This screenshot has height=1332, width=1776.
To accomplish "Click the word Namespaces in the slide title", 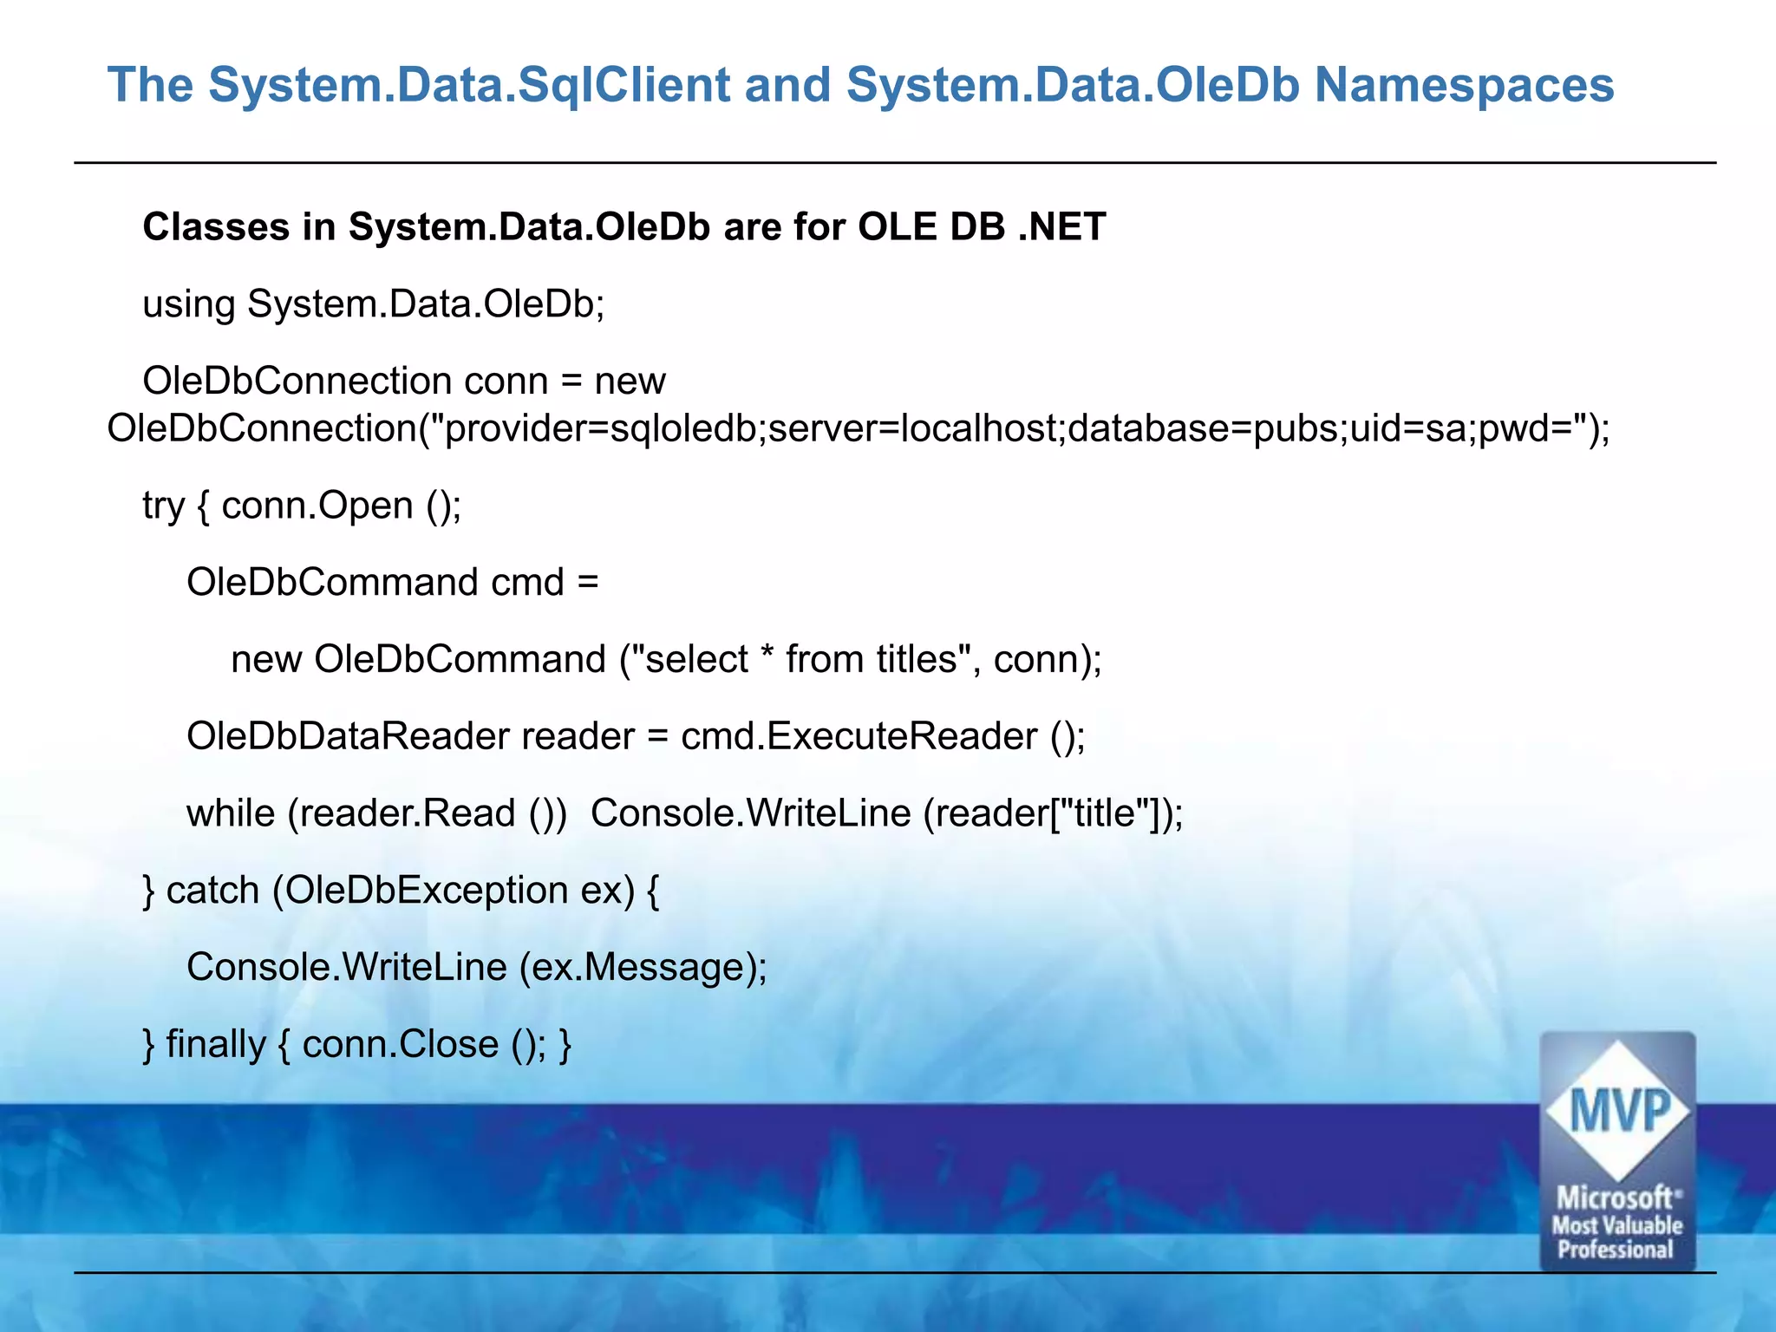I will pos(1464,86).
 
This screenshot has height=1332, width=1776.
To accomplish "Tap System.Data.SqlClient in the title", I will pos(469,86).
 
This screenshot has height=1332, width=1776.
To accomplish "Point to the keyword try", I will pos(163,506).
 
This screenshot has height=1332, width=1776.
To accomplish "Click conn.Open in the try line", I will pos(317,506).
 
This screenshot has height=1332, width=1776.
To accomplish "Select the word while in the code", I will pos(230,813).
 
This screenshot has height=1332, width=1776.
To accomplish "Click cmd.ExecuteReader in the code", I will pos(859,736).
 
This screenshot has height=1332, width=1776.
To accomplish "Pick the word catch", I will pos(212,891).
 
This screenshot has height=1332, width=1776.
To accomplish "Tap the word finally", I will pos(215,1044).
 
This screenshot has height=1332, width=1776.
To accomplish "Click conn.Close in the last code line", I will pos(400,1044).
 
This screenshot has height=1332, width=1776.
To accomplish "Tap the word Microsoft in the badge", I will pos(1615,1198).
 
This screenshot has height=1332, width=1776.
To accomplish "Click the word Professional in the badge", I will pos(1615,1250).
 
